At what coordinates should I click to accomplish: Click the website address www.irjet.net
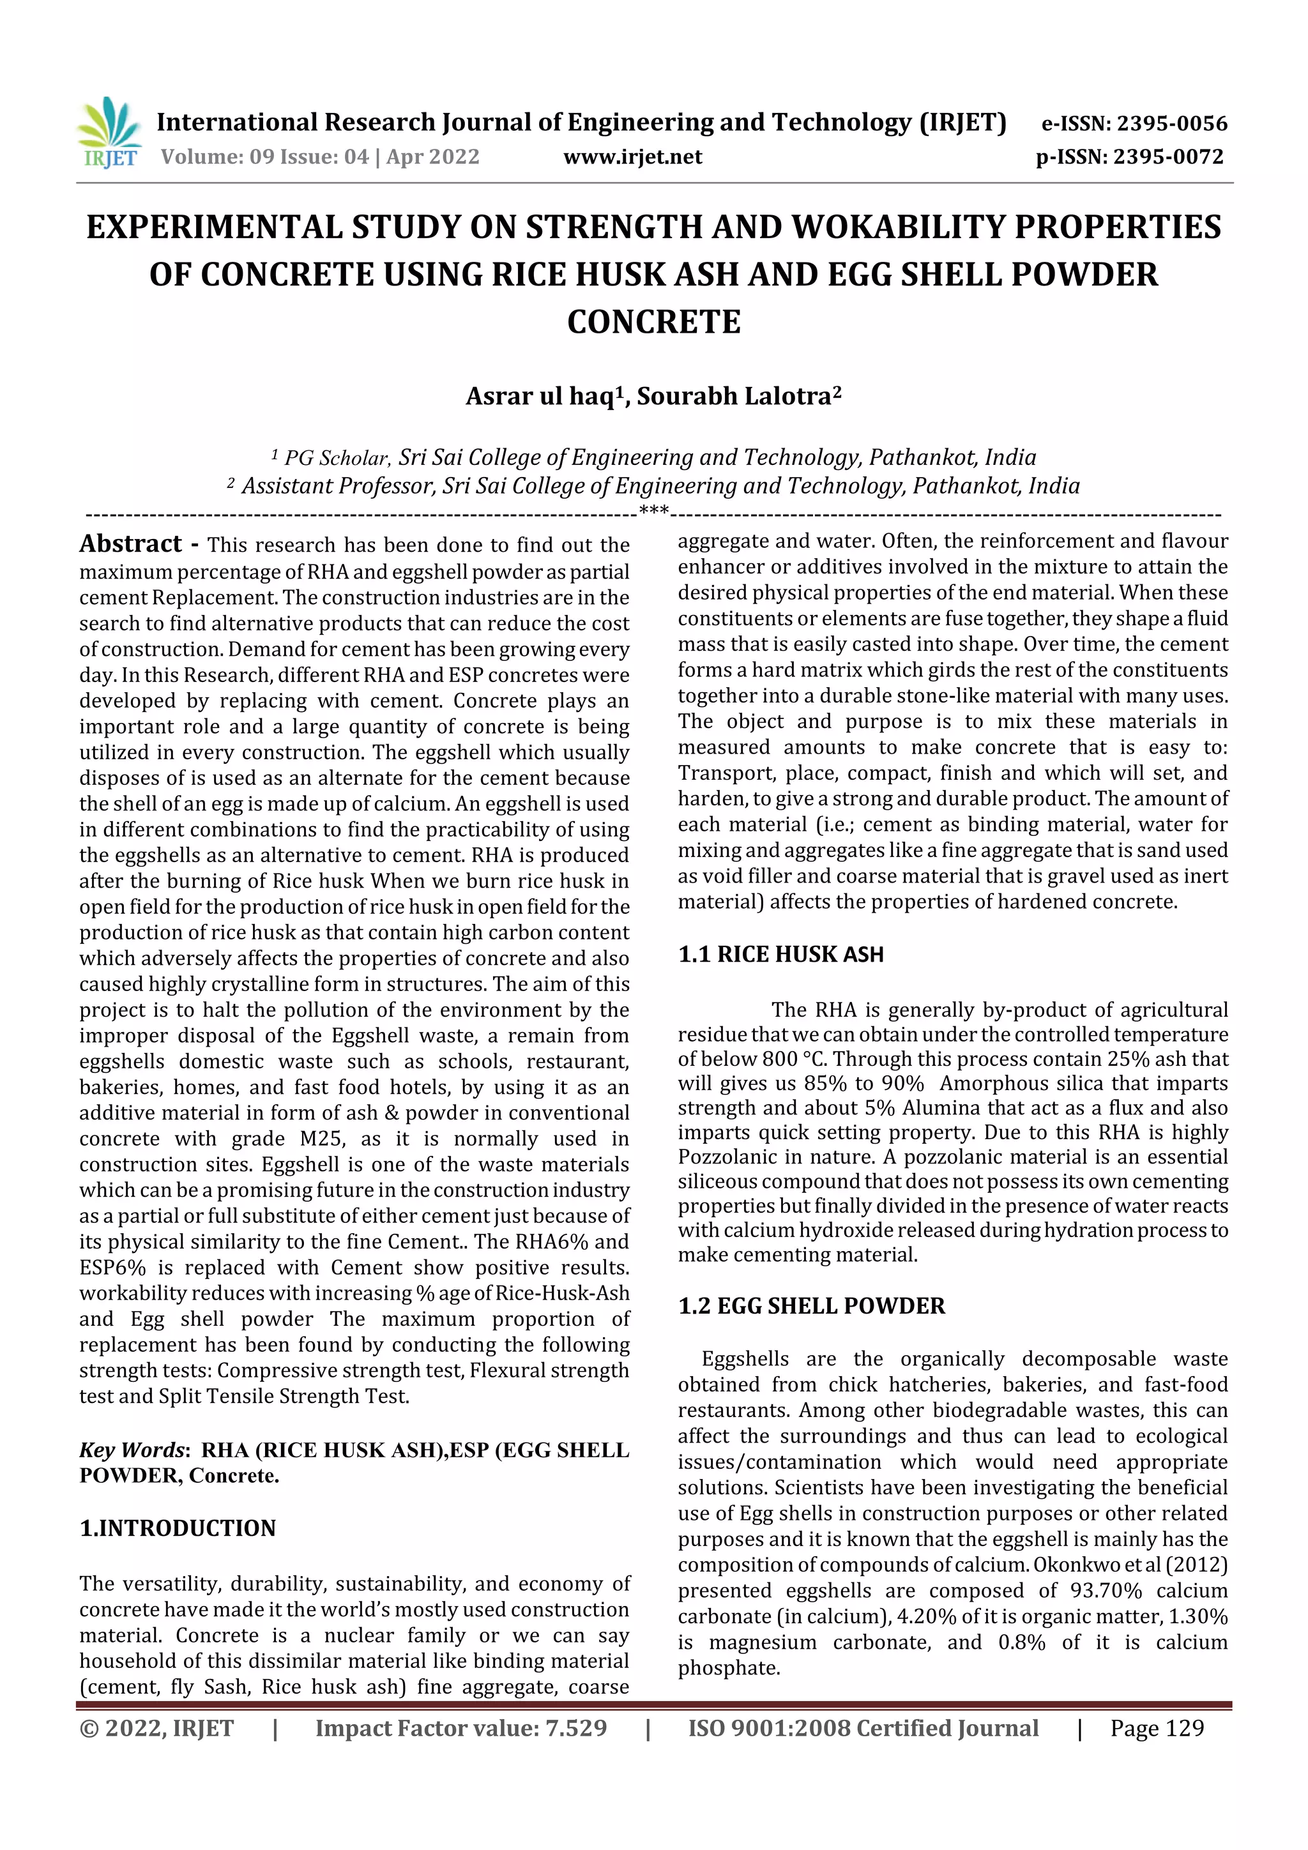[x=633, y=157]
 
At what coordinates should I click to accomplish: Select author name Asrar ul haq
[x=540, y=397]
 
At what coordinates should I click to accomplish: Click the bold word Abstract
[x=130, y=545]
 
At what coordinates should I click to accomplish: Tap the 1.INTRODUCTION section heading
[x=178, y=1529]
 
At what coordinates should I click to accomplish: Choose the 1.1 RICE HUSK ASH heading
[x=780, y=955]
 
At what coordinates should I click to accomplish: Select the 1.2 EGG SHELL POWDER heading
[x=810, y=1306]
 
